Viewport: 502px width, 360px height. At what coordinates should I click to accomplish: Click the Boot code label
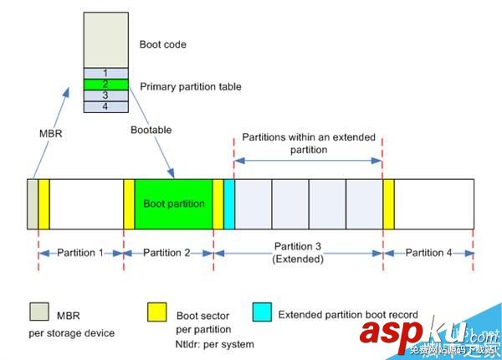(x=162, y=44)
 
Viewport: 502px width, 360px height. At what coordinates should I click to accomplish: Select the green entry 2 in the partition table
(x=105, y=85)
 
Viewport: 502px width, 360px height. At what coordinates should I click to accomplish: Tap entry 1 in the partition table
(x=105, y=73)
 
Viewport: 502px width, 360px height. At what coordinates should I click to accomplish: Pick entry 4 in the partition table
(x=105, y=107)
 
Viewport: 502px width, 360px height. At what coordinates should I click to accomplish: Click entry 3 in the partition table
(x=105, y=95)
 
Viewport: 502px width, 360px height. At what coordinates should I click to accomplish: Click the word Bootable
(x=151, y=131)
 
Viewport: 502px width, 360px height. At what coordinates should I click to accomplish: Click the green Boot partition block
(x=173, y=203)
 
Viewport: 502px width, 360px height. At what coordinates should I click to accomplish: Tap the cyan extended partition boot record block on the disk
(x=228, y=203)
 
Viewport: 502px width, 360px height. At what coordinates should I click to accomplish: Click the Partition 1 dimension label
(x=80, y=252)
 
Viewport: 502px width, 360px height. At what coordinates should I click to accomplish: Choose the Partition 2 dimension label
(x=168, y=252)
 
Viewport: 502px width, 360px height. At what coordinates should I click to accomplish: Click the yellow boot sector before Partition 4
(x=388, y=203)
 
